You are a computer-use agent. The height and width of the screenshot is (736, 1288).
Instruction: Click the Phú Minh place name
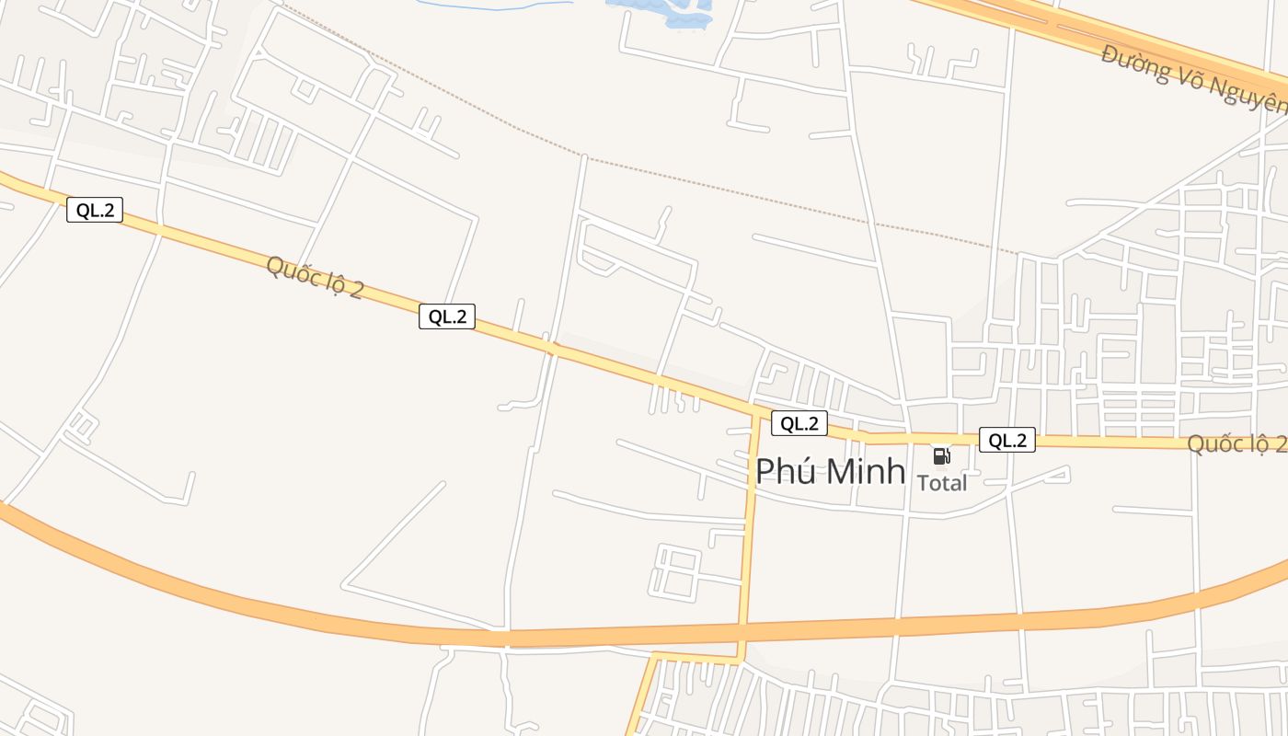point(830,470)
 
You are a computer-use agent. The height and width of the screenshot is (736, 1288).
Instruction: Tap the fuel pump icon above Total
point(941,455)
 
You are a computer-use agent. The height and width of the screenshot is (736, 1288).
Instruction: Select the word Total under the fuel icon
point(942,483)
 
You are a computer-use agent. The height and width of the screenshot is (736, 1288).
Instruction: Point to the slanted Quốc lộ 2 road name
point(315,277)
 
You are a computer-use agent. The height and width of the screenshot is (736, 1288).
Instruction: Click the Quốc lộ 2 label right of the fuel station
point(1236,443)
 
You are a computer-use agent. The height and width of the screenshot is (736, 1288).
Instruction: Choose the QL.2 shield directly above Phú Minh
point(799,423)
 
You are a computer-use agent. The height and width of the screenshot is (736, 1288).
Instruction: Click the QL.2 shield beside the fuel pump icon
point(1006,441)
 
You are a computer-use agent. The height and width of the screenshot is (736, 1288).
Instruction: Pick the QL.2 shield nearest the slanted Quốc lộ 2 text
point(447,316)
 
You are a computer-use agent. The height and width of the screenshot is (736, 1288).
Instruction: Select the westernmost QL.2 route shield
point(95,210)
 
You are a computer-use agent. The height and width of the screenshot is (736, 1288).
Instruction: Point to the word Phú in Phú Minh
point(781,470)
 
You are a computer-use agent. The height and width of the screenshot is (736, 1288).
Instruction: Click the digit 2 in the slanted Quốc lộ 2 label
point(355,290)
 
